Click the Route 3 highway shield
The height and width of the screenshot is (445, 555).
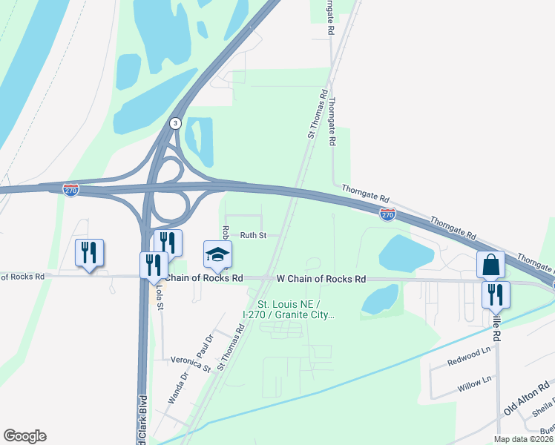(x=175, y=123)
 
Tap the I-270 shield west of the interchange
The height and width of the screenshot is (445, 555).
(x=70, y=189)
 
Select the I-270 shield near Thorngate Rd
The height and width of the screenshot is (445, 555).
(x=387, y=214)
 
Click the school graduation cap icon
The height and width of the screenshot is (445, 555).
(x=217, y=254)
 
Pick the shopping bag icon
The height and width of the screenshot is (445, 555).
(x=490, y=265)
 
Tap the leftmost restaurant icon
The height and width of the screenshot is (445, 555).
(x=89, y=252)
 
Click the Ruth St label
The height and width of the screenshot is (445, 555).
(x=253, y=235)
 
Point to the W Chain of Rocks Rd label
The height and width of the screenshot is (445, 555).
(x=321, y=279)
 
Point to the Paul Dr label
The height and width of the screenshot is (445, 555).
(x=203, y=346)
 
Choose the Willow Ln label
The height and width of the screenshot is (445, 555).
(x=474, y=380)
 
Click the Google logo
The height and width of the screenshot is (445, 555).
(x=24, y=435)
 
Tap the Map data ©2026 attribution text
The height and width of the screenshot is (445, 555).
(x=522, y=439)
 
